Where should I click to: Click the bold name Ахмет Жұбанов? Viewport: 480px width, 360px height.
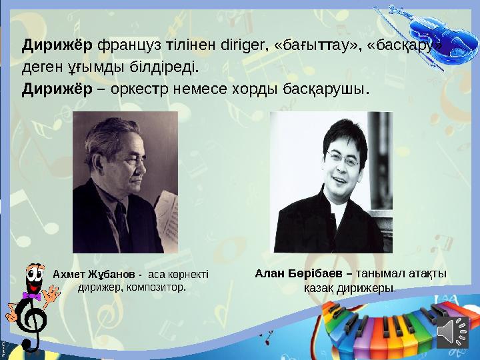[95, 275]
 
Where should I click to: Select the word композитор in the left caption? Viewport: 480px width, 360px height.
[157, 288]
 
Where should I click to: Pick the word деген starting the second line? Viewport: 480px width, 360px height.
[42, 67]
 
